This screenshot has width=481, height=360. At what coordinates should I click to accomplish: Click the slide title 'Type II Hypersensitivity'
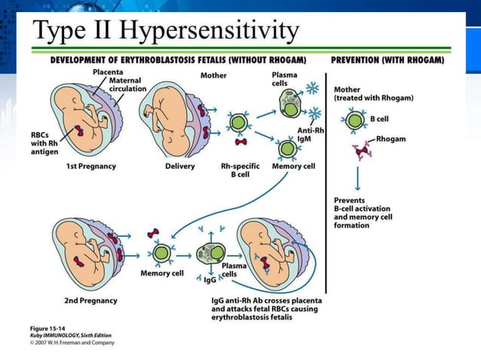point(167,32)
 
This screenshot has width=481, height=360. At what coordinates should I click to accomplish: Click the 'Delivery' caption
point(179,166)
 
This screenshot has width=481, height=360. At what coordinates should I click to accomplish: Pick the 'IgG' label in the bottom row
point(210,279)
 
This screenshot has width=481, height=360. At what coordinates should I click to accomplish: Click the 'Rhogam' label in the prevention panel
point(391,139)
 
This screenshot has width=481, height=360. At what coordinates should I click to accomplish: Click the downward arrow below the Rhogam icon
point(357,178)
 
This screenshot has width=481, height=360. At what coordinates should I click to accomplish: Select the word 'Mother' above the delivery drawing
point(213,75)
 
